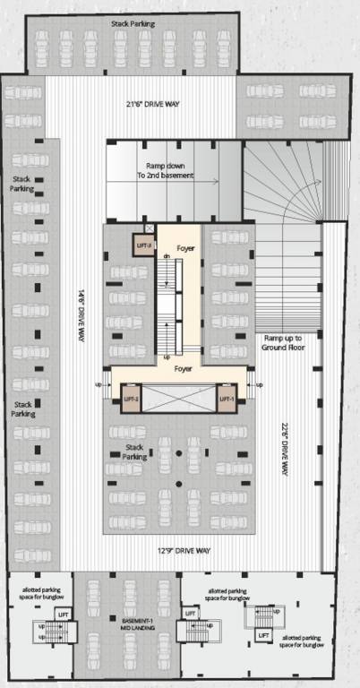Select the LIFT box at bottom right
263,634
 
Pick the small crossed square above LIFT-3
149,228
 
